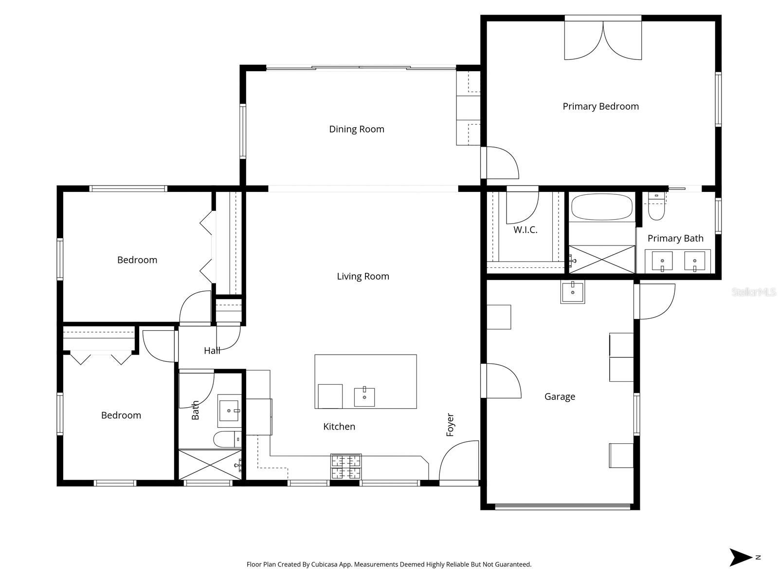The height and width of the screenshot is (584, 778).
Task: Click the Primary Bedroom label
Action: (600, 106)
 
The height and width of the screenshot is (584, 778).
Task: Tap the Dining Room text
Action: (357, 129)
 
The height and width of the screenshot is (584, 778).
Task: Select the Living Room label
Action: (363, 276)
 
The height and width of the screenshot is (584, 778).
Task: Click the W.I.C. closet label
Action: (525, 230)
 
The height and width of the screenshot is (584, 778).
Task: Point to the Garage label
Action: (560, 396)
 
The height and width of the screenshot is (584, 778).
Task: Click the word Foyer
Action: (450, 425)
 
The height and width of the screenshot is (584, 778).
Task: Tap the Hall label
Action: (212, 350)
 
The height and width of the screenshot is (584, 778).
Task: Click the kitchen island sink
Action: (364, 396)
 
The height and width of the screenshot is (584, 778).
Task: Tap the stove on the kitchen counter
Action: (346, 466)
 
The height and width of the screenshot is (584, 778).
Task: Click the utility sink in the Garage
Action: (573, 292)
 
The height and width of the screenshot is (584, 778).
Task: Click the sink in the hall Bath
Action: (229, 411)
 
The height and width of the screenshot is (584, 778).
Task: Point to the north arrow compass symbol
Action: (741, 557)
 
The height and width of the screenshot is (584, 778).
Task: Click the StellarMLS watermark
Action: (754, 292)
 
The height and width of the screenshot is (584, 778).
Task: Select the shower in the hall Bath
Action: (210, 465)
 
